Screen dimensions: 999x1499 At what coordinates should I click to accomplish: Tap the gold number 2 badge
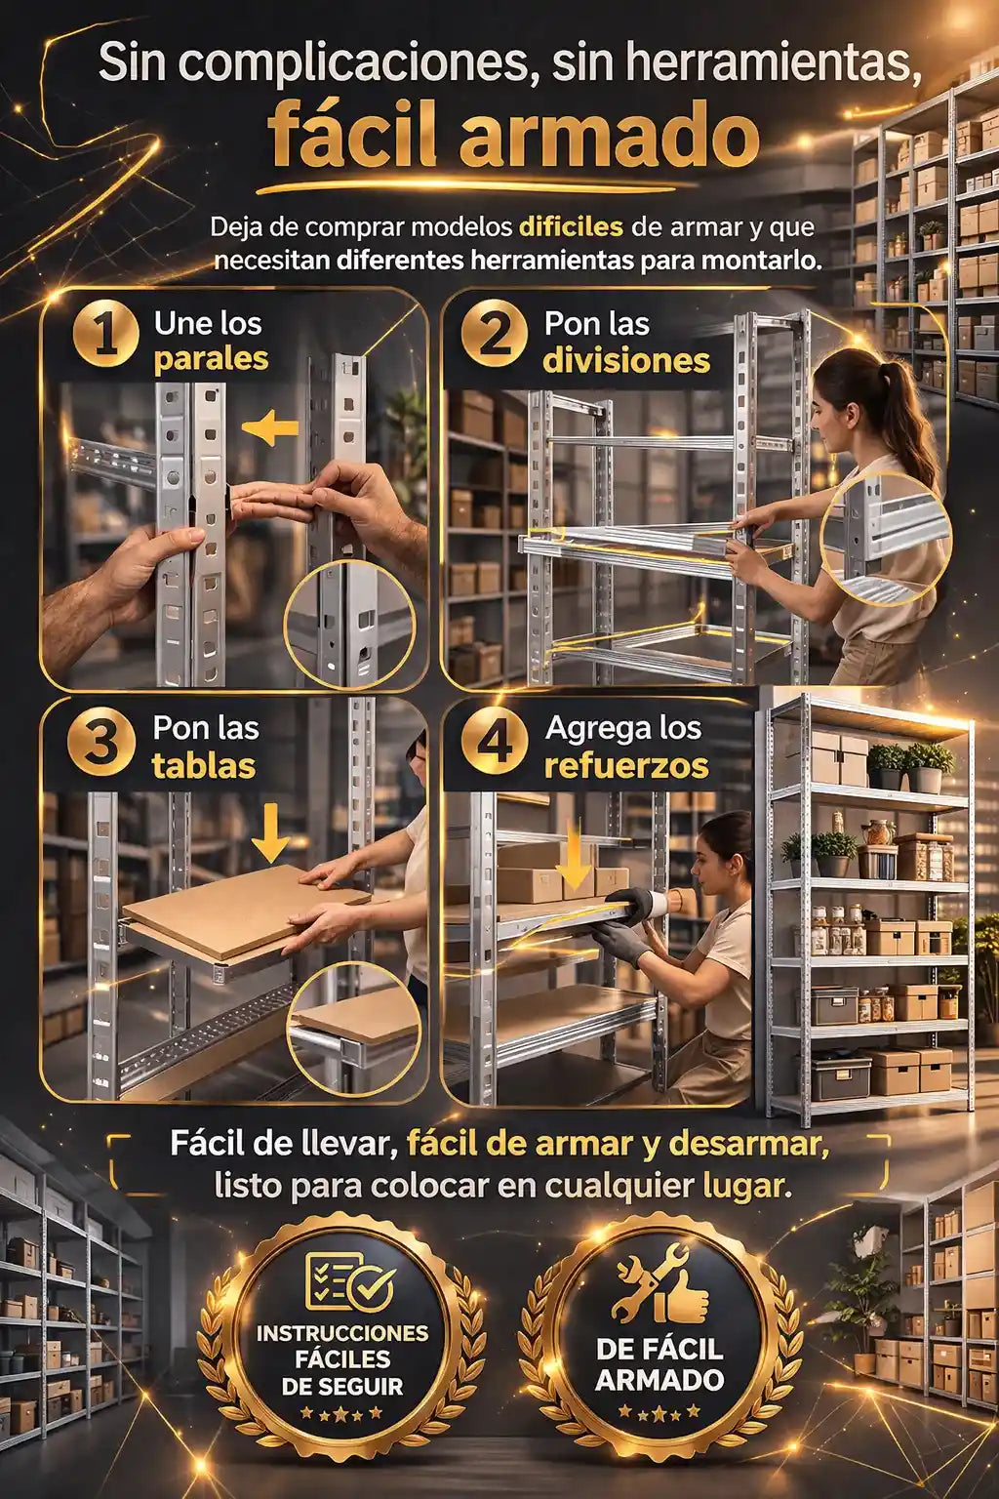[496, 334]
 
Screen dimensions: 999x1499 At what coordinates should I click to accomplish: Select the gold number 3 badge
[101, 745]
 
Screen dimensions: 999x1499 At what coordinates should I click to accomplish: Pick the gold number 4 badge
[496, 745]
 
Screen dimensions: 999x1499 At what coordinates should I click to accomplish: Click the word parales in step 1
[212, 359]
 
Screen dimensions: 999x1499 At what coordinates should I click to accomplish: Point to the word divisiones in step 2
[626, 361]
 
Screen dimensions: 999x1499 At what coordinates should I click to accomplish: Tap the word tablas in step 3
[204, 765]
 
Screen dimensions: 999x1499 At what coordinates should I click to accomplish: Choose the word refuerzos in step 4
[626, 765]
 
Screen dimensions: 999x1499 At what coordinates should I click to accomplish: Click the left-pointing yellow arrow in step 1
[269, 428]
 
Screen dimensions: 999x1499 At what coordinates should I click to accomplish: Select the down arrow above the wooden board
[271, 831]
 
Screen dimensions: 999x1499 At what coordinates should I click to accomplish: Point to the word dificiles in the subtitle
[571, 227]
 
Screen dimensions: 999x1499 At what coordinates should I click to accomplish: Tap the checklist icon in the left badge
[349, 1282]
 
